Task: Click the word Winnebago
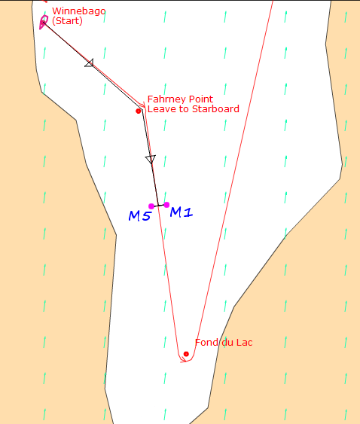79,11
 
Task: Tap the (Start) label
67,21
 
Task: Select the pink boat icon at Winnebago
44,22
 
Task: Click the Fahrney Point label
180,99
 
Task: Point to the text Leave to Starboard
194,108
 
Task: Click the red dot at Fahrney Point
139,111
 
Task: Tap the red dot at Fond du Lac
186,354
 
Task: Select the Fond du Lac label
224,343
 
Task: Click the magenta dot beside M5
151,206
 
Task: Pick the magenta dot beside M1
166,205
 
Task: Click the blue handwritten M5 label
139,216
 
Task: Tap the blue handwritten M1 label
182,212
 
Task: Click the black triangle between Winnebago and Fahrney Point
90,63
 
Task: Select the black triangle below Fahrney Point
151,159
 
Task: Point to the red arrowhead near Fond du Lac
185,360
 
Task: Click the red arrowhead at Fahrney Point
142,105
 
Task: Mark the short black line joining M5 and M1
159,206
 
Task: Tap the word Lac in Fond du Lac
245,343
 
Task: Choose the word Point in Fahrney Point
201,99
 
